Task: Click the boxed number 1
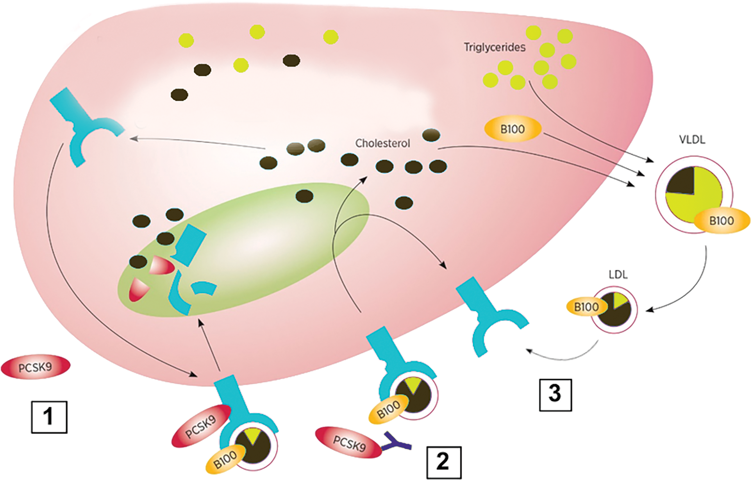tap(49, 417)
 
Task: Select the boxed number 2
tap(443, 462)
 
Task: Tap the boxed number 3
tap(555, 394)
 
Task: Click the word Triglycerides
tap(495, 47)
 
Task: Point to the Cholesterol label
tap(382, 143)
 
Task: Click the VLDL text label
tap(692, 139)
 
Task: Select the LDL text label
tap(618, 275)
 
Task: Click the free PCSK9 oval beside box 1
tap(36, 367)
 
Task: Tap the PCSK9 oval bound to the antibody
tap(349, 442)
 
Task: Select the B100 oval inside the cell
tap(513, 129)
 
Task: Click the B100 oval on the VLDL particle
tap(721, 221)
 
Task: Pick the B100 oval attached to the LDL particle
tap(586, 307)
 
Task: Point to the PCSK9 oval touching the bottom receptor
tap(201, 426)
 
